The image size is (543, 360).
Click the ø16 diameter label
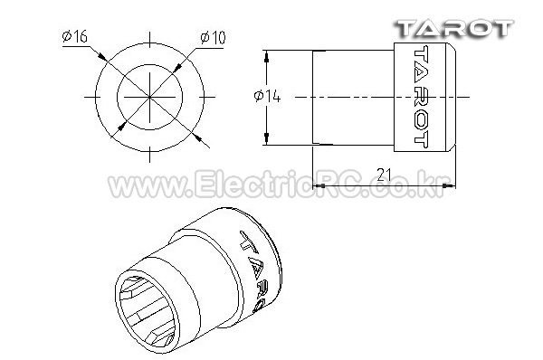click(75, 36)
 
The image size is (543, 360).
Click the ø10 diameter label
click(213, 37)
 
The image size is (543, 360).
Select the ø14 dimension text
click(267, 96)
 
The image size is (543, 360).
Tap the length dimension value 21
click(384, 175)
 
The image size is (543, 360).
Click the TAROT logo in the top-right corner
click(454, 29)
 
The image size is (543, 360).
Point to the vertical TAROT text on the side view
click(421, 98)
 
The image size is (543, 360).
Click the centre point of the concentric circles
click(150, 97)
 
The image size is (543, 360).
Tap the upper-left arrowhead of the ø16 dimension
click(101, 56)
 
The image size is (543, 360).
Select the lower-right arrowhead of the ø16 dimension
click(197, 137)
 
